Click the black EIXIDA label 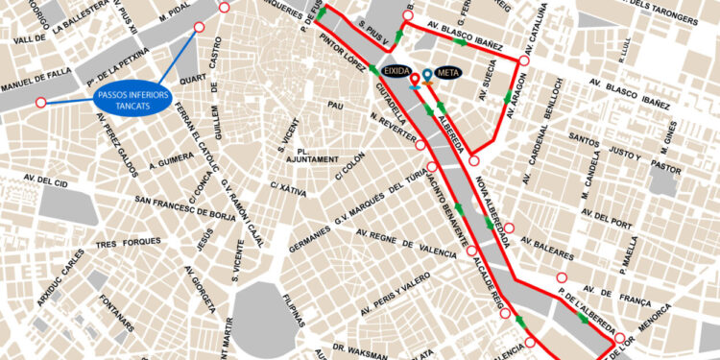[398, 71]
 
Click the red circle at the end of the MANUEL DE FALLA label [40, 103]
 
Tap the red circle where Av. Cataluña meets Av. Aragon [523, 61]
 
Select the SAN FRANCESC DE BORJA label [188, 201]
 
